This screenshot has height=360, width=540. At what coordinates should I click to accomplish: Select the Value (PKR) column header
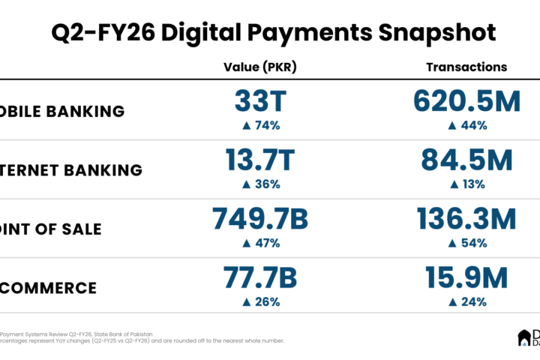260,67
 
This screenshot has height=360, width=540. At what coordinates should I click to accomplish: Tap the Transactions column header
466,67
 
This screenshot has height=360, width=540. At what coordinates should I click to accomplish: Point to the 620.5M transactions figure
466,100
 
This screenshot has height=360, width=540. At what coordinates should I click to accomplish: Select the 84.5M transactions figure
466,160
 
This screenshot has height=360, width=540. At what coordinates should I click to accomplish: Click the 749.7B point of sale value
260,219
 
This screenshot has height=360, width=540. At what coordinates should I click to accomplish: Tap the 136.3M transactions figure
466,219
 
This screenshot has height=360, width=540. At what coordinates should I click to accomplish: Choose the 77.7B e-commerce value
260,278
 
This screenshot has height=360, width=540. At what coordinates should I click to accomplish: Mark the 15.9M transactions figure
466,278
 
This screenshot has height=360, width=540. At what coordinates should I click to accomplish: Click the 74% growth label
260,125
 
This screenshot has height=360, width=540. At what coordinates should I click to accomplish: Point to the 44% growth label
466,125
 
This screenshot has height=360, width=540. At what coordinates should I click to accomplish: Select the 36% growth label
260,184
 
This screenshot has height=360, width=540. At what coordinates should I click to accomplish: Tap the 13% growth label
466,184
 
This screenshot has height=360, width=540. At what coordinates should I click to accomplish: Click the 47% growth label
260,243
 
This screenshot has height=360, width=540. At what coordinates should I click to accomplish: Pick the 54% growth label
466,243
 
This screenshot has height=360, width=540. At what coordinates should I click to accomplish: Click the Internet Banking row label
71,170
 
